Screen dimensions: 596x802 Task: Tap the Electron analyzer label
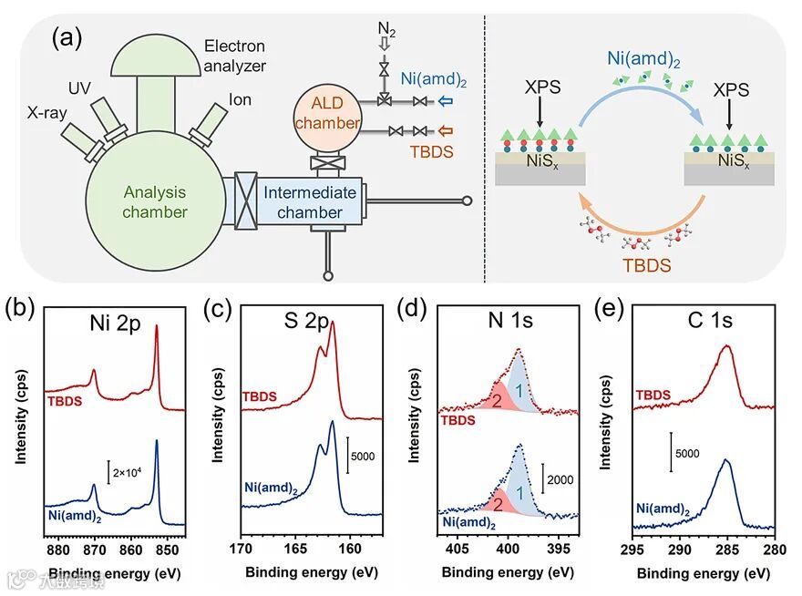[234, 55]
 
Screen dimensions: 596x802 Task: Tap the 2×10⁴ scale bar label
[129, 473]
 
